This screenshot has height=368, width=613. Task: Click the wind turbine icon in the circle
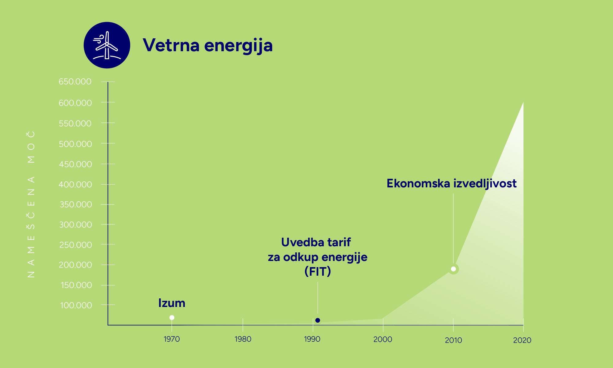[107, 45]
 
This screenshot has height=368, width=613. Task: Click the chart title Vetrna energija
[208, 45]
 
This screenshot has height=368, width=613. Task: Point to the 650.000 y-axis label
[75, 82]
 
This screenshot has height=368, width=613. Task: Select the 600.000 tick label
[75, 103]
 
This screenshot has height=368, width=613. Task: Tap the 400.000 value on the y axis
[75, 184]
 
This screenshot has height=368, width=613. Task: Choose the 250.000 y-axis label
[75, 245]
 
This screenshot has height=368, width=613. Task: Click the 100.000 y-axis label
[76, 305]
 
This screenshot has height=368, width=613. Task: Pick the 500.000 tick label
[75, 144]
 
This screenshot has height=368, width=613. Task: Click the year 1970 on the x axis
[172, 339]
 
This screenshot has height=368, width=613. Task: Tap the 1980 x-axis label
[243, 339]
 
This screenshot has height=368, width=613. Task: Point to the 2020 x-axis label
[522, 340]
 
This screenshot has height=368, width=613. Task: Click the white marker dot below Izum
[172, 318]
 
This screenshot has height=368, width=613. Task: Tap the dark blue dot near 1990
[318, 320]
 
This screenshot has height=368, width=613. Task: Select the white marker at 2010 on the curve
[453, 269]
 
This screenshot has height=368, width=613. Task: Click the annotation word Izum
[172, 303]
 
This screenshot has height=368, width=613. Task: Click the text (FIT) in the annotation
[318, 271]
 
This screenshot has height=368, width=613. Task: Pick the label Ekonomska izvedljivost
[451, 183]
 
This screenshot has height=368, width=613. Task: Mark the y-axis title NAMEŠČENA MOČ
[31, 204]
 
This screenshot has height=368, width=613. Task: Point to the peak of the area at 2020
[523, 103]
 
